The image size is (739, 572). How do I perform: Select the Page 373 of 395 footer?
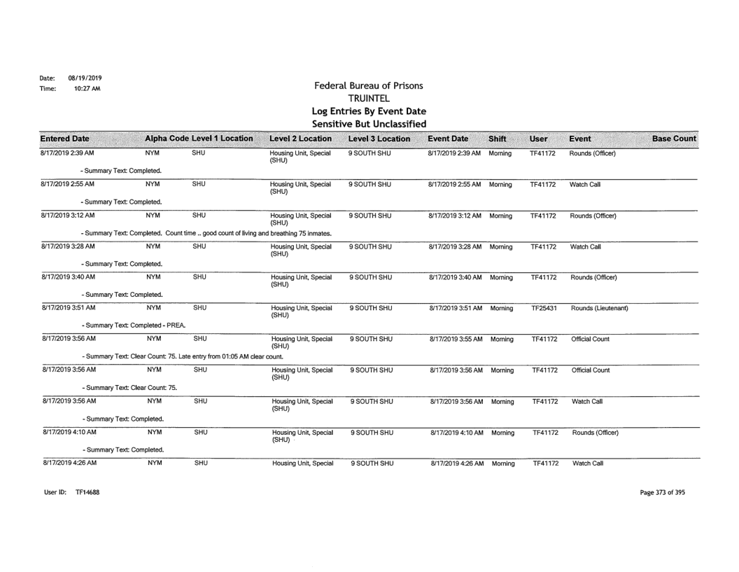click(x=662, y=492)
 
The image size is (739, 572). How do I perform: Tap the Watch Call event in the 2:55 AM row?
click(x=586, y=186)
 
